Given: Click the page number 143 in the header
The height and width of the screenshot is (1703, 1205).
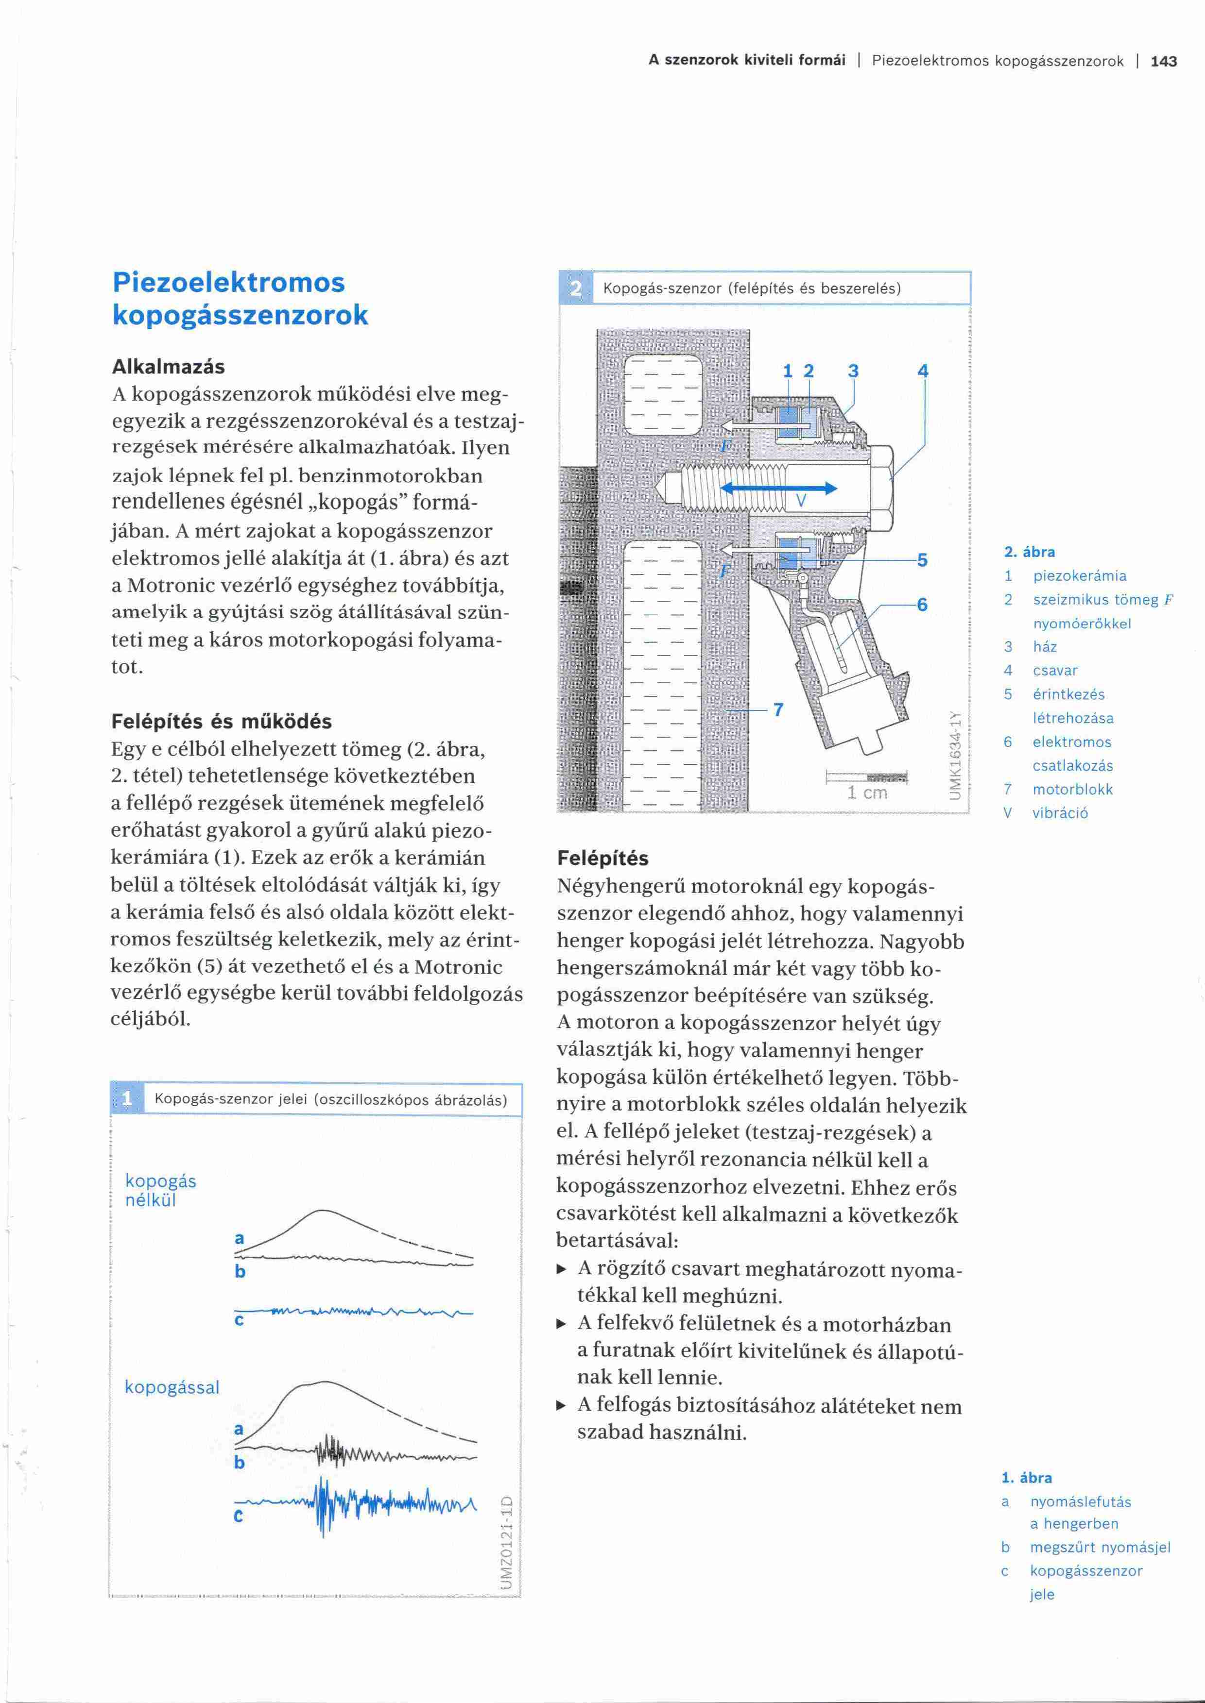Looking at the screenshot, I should [1163, 62].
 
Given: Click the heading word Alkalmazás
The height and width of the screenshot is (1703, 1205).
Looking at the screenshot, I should [168, 367].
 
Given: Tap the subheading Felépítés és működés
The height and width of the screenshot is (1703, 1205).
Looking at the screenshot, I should [221, 721].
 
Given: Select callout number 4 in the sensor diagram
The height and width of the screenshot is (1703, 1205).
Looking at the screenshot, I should [923, 371].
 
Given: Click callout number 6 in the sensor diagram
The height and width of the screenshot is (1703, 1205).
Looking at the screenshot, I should [922, 605].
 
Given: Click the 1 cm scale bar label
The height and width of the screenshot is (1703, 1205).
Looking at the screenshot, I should [867, 792].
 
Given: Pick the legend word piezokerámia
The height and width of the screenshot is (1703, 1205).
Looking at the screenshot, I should [1080, 575].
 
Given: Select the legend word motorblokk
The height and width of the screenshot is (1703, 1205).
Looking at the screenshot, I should [1072, 789].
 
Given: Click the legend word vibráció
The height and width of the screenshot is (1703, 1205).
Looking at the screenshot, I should [1060, 813].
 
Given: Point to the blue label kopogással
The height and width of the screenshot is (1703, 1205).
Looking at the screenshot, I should [172, 1387].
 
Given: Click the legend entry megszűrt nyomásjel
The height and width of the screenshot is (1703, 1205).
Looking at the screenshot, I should [1100, 1547].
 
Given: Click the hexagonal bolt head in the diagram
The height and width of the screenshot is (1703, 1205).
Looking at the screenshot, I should [881, 488].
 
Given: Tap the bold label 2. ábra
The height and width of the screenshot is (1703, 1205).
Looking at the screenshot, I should [1029, 552].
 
